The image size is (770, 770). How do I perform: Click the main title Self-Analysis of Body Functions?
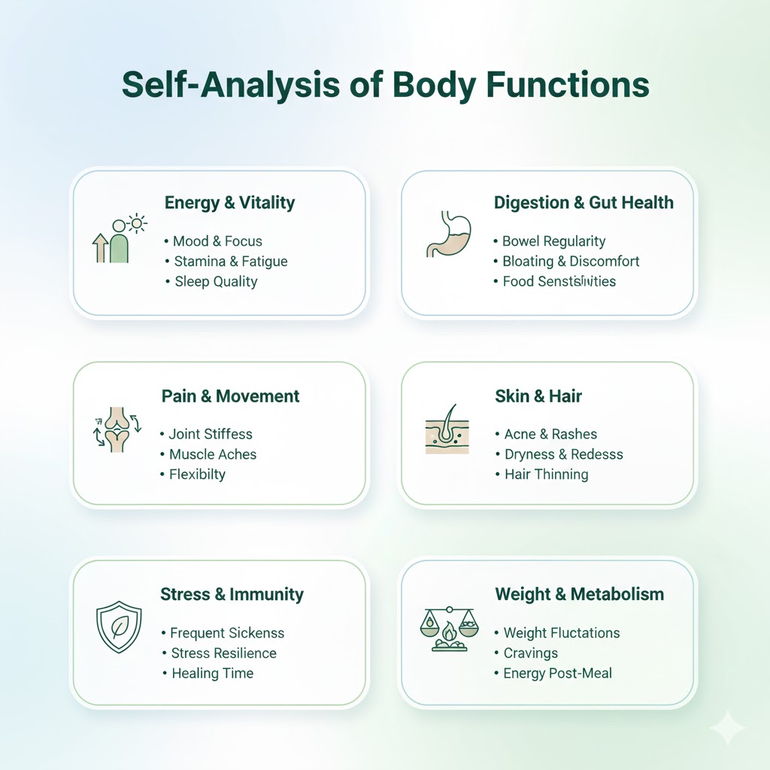tap(385, 85)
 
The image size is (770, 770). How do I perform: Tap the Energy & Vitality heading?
tap(229, 202)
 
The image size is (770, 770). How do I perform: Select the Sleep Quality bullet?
tap(216, 281)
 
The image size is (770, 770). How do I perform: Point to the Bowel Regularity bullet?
tap(553, 241)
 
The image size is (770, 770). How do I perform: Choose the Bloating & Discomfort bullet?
tap(571, 261)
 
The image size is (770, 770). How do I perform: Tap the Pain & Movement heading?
tap(230, 396)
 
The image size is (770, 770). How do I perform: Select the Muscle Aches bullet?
tap(213, 454)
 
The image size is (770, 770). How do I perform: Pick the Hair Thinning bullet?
tap(546, 474)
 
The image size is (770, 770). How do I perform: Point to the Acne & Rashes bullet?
tap(550, 434)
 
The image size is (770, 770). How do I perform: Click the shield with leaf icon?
tap(119, 626)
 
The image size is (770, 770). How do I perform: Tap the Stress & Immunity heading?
tap(232, 594)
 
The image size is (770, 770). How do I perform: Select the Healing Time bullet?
tap(212, 673)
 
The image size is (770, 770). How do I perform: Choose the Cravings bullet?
tap(530, 653)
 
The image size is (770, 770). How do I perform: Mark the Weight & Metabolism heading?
tap(579, 594)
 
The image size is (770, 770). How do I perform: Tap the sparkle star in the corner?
tap(727, 727)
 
